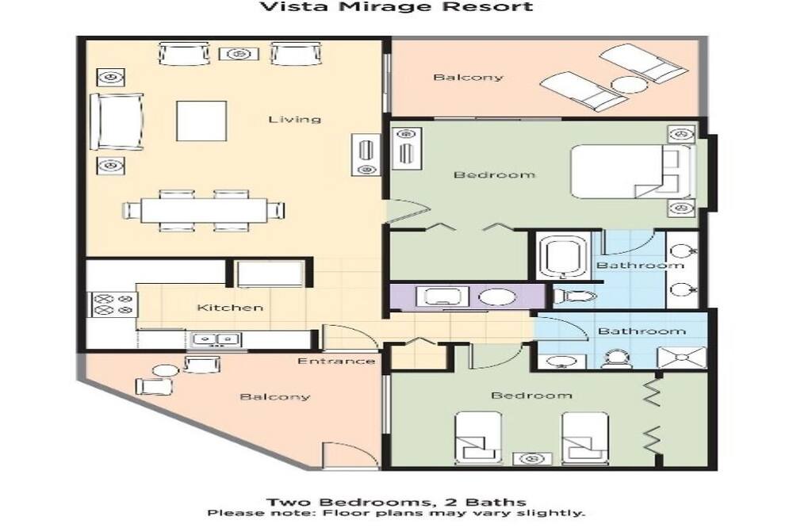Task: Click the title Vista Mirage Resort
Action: coord(396,6)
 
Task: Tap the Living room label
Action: coord(294,120)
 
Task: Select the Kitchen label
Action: coord(230,308)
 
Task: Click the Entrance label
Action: coord(336,361)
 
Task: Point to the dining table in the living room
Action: coord(204,210)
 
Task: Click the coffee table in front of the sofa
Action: coord(201,121)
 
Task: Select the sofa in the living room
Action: coord(117,121)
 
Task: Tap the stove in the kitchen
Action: coord(113,304)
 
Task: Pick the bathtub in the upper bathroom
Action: coord(562,256)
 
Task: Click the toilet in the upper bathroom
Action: coord(574,296)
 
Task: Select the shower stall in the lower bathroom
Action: coord(681,357)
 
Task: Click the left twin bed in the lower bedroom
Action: coord(478,438)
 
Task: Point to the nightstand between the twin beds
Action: coord(531,459)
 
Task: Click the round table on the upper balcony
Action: coord(629,85)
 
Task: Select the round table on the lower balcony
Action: coord(166,370)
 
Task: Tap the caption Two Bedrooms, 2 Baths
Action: coord(396,502)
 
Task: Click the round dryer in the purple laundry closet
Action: coord(497,297)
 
